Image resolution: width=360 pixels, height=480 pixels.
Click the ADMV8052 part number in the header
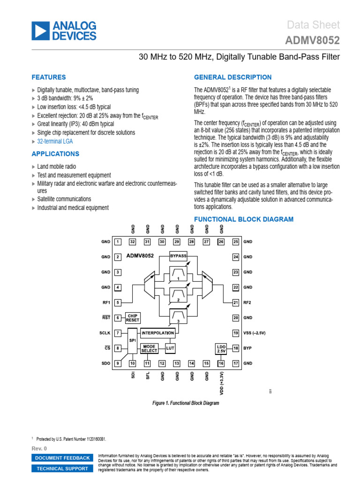[x=313, y=41]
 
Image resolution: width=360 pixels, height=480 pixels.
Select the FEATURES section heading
[x=49, y=77]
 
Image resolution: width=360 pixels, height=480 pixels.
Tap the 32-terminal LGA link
[x=55, y=141]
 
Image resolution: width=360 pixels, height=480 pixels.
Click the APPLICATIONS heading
[x=55, y=154]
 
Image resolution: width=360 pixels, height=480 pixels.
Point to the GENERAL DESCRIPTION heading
[x=232, y=77]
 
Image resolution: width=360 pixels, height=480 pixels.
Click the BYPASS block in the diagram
[x=178, y=256]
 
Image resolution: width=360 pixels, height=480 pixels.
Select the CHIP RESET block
[x=133, y=318]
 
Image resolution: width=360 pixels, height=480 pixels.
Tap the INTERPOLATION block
[x=157, y=333]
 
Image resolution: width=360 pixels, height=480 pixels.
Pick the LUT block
[x=170, y=348]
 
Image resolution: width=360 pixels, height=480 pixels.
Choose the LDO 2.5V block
[x=221, y=348]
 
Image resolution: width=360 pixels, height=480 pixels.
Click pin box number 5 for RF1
[x=118, y=302]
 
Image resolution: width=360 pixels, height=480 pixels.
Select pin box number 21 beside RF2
[x=236, y=302]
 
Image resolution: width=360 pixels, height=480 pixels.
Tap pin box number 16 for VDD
[x=221, y=363]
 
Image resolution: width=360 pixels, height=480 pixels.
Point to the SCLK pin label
[x=105, y=333]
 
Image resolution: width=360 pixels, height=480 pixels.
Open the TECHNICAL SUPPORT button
[x=62, y=468]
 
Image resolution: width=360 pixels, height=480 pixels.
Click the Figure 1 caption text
[x=186, y=403]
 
